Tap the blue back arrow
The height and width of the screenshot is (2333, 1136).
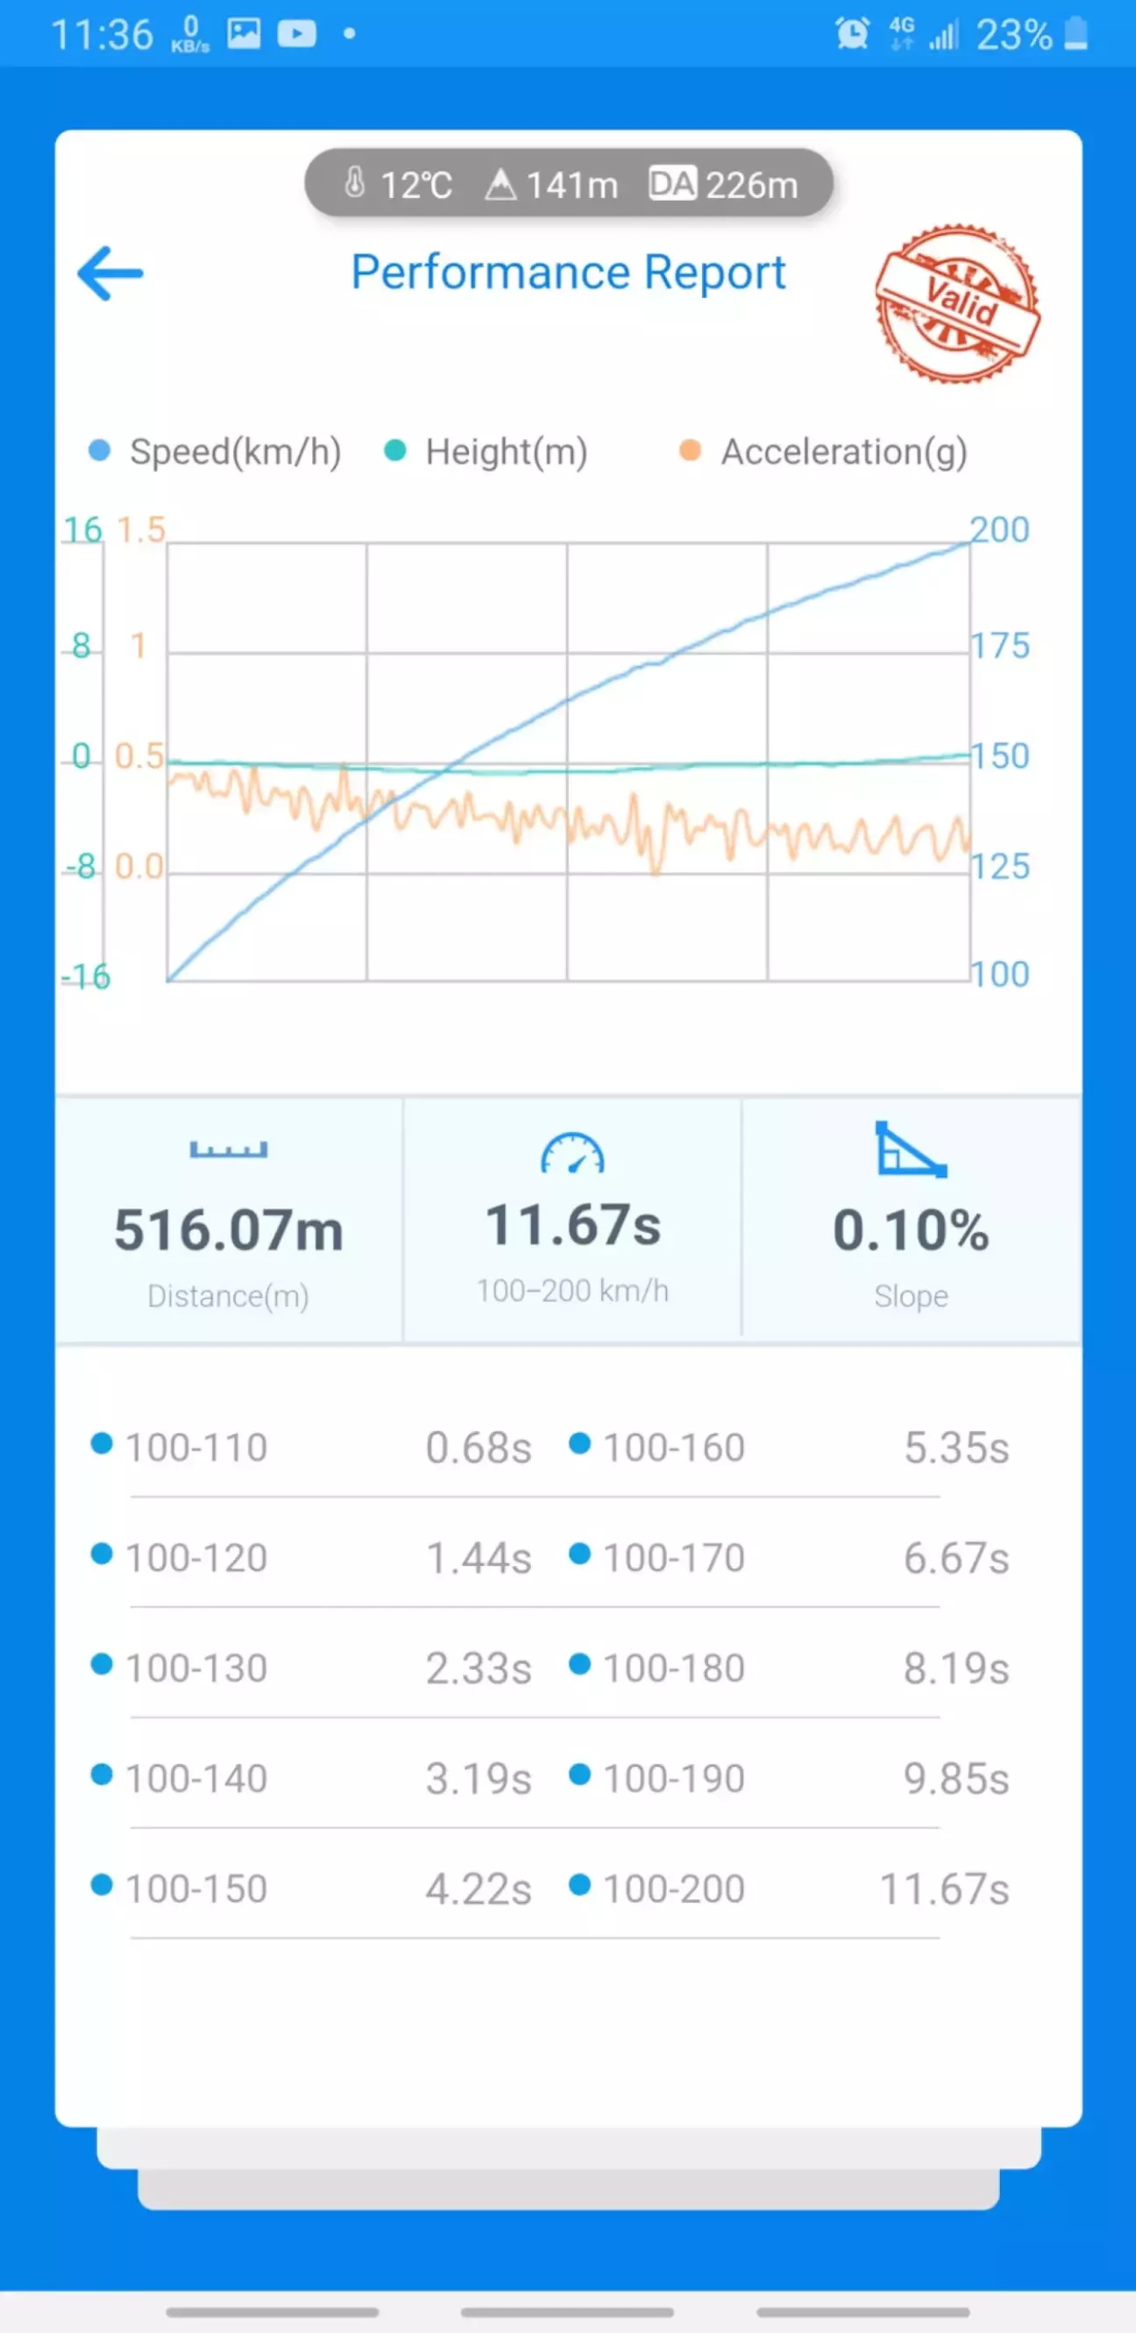click(x=110, y=273)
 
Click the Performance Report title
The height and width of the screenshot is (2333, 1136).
click(x=568, y=273)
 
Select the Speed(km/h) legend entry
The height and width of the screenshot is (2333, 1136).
click(x=215, y=451)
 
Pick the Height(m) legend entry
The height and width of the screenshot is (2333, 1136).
click(x=486, y=451)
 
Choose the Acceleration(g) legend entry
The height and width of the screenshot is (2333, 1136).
click(x=823, y=451)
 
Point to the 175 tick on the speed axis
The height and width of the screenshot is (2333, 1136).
click(x=1000, y=646)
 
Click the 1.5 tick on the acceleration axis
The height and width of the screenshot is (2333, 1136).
click(x=141, y=530)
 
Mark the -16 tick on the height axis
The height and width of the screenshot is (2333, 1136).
click(x=86, y=976)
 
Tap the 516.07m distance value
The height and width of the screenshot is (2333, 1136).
click(x=228, y=1230)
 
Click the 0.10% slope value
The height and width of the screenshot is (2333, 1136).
click(x=912, y=1230)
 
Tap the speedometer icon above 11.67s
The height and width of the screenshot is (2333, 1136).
click(x=572, y=1152)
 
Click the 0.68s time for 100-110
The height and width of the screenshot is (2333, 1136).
click(x=479, y=1447)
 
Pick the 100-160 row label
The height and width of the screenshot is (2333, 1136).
click(x=674, y=1447)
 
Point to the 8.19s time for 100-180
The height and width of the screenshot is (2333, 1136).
click(x=955, y=1668)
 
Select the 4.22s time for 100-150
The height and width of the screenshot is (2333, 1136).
click(x=479, y=1890)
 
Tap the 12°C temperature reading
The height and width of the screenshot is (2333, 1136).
click(x=399, y=185)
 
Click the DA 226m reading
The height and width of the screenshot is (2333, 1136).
click(x=723, y=185)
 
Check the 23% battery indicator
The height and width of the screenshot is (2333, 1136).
click(x=1032, y=34)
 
